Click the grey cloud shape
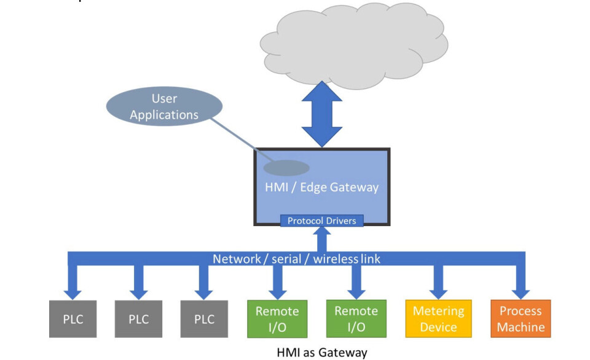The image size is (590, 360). (x=351, y=42)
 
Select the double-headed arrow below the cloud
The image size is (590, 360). (x=322, y=117)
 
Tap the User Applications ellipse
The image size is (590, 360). (x=164, y=107)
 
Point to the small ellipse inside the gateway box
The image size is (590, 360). (x=286, y=168)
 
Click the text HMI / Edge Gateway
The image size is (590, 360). (x=321, y=187)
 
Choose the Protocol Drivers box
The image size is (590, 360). (x=321, y=220)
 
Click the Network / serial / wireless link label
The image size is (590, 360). (x=296, y=259)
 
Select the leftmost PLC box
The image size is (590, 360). (x=73, y=319)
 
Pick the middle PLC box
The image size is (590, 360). (x=138, y=319)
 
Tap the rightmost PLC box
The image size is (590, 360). (x=204, y=319)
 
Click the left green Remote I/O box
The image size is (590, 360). (x=277, y=319)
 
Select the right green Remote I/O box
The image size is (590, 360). (x=356, y=319)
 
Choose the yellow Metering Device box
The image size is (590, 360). (x=438, y=319)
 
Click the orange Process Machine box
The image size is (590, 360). (x=521, y=319)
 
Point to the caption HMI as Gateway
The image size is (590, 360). (x=322, y=353)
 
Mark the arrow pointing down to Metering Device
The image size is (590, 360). (x=438, y=282)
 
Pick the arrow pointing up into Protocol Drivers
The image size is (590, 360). (x=321, y=238)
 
